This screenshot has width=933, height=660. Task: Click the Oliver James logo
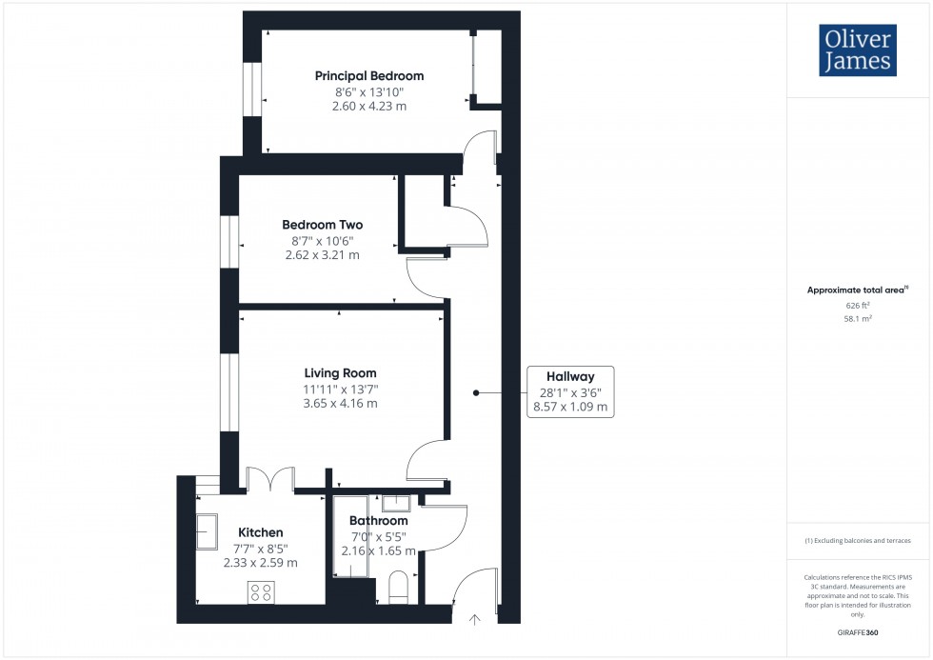pos(857,50)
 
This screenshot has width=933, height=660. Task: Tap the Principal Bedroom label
pos(369,76)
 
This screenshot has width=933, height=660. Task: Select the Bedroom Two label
pos(322,225)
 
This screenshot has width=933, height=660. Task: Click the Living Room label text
pos(340,373)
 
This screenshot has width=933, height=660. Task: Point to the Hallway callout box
pos(571,391)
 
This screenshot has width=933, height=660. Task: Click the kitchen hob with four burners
pos(261,591)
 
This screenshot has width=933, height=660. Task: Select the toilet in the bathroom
pos(398,587)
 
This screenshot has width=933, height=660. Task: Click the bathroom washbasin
pos(396,504)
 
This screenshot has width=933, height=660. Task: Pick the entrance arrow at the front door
pos(474,619)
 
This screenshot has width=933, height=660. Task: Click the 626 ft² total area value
pos(859,306)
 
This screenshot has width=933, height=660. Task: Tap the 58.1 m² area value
pos(859,319)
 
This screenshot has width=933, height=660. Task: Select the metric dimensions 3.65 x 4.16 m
pos(340,403)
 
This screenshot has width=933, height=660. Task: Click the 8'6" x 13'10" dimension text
pos(369,91)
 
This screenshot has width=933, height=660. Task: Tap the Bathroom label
pos(378,521)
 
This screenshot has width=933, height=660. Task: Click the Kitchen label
pos(260,532)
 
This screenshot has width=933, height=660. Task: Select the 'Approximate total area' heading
pos(857,290)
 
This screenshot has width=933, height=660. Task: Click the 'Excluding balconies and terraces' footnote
pos(858,541)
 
